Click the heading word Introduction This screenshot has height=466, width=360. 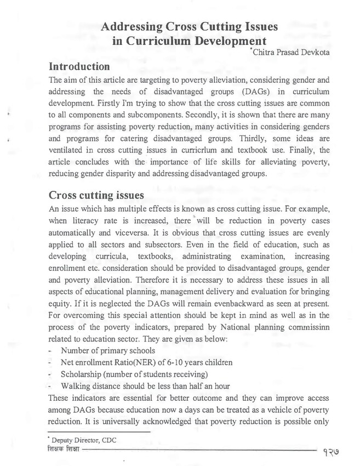[x=79, y=67]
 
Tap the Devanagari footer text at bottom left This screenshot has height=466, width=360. [x=64, y=450]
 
